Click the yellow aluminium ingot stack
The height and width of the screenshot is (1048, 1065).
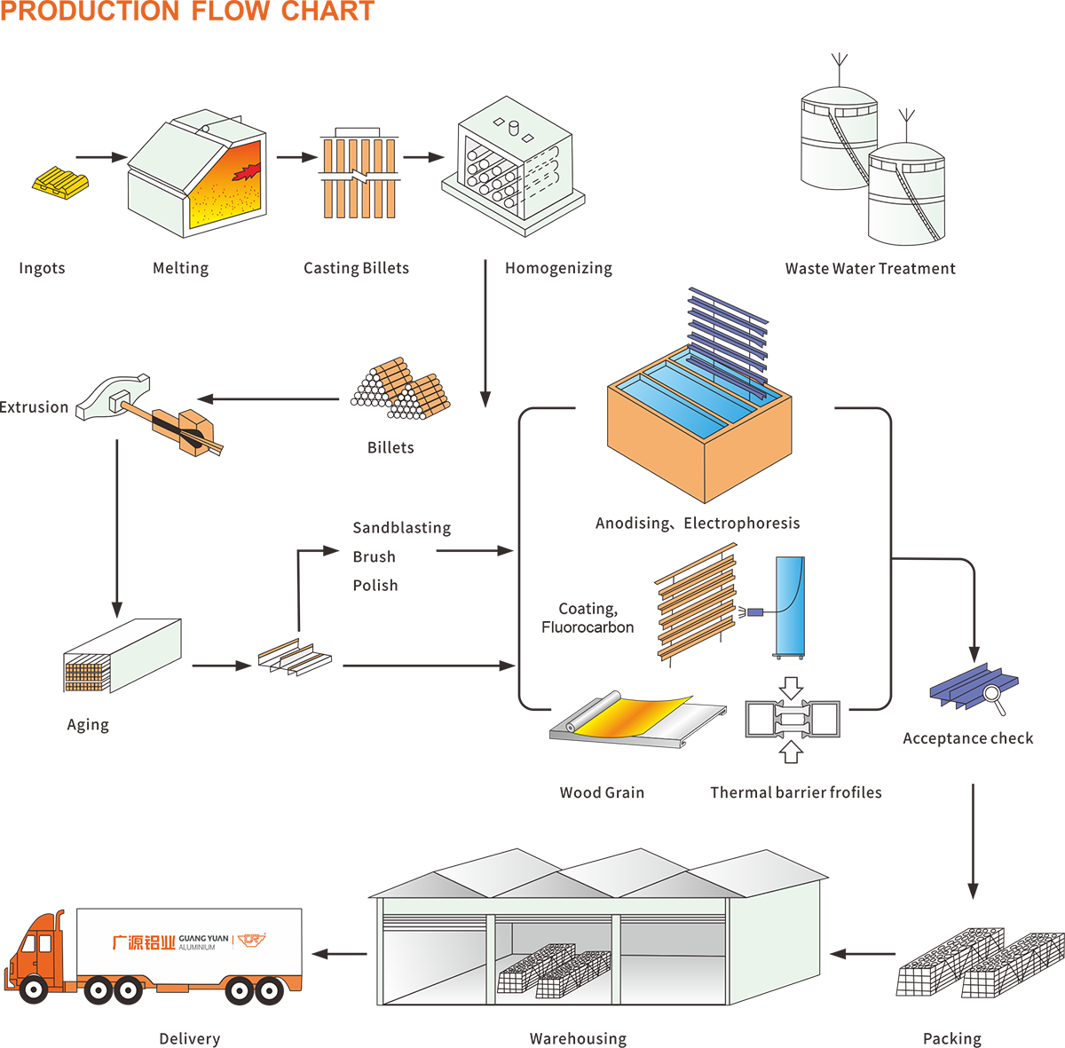tap(61, 182)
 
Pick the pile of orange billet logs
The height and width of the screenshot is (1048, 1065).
tap(401, 390)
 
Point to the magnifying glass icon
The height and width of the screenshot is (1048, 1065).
tap(995, 697)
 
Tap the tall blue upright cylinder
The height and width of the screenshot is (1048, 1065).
tap(789, 607)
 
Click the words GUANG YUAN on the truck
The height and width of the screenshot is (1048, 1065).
tap(203, 938)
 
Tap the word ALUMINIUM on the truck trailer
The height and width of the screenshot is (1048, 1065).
tap(197, 948)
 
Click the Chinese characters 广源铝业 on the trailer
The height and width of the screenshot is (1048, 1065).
tap(143, 942)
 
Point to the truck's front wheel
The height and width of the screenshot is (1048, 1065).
tap(35, 986)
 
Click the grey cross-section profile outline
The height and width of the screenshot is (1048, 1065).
tap(793, 719)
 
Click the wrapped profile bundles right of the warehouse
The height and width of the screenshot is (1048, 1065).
tap(980, 963)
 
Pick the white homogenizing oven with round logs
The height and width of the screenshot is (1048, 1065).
tap(513, 167)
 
